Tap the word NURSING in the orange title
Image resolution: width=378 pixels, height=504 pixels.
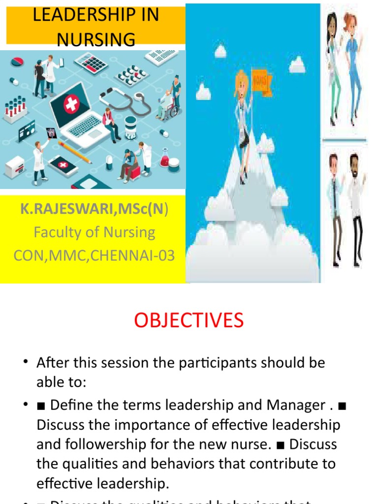click(95, 39)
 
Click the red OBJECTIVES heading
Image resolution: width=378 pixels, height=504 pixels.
click(189, 320)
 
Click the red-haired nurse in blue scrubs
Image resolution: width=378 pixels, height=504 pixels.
click(352, 64)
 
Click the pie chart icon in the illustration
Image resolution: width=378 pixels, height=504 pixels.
click(18, 62)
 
